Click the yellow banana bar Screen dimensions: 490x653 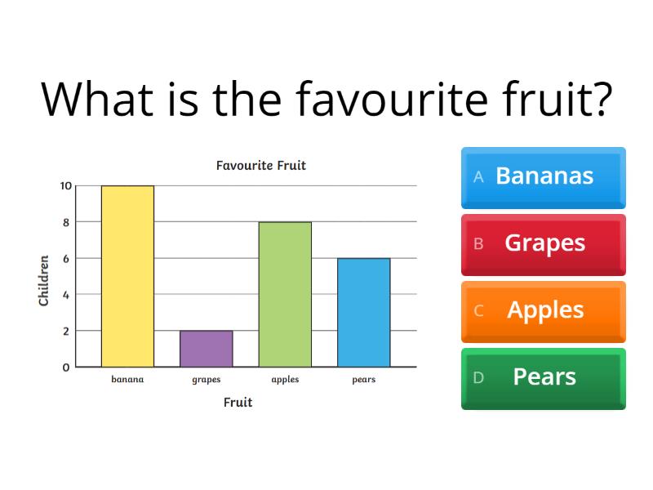pyautogui.click(x=127, y=276)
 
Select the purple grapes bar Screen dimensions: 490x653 pyautogui.click(x=206, y=349)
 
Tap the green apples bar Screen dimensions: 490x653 pyautogui.click(x=285, y=294)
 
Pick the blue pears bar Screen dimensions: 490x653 pyautogui.click(x=363, y=312)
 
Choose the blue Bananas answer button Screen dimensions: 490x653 pyautogui.click(x=544, y=176)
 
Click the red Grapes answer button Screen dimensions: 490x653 pyautogui.click(x=544, y=243)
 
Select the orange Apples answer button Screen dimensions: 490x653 pyautogui.click(x=544, y=310)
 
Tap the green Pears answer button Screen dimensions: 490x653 pyautogui.click(x=544, y=377)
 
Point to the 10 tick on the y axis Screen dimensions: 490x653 pyautogui.click(x=64, y=185)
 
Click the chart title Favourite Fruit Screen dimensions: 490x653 pyautogui.click(x=260, y=166)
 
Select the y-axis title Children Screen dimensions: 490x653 pyautogui.click(x=44, y=281)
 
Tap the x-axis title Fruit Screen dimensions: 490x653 pyautogui.click(x=238, y=403)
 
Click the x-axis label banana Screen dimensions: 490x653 pyautogui.click(x=127, y=380)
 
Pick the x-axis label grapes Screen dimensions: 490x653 pyautogui.click(x=206, y=380)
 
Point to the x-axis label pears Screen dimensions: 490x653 pyautogui.click(x=363, y=380)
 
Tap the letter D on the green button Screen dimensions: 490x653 pyautogui.click(x=479, y=377)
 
